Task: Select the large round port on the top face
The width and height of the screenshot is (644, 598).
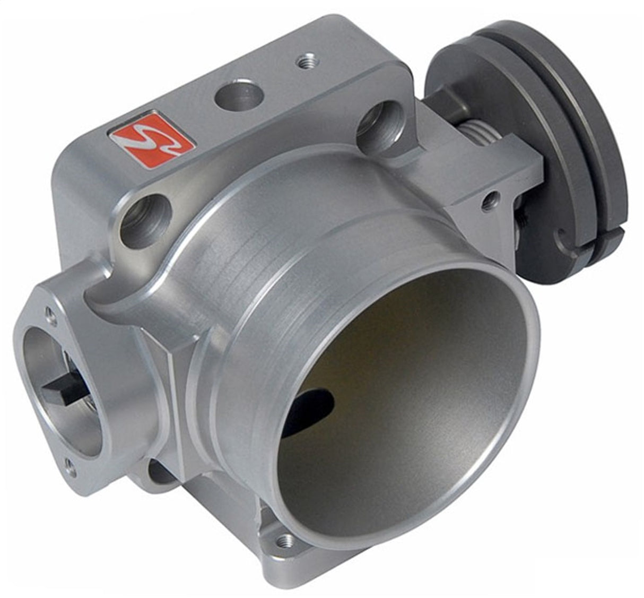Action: [239, 96]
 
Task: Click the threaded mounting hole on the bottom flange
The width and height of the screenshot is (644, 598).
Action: [285, 541]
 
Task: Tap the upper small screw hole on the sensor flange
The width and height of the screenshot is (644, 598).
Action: [51, 317]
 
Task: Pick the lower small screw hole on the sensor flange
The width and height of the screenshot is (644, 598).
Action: [69, 467]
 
